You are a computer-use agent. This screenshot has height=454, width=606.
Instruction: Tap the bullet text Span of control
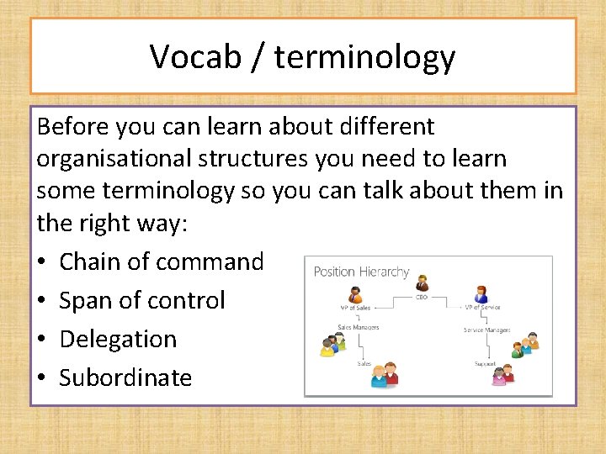[142, 300]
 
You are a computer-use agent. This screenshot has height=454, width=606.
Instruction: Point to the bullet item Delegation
[118, 339]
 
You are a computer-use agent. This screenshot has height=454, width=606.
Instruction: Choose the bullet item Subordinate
[125, 377]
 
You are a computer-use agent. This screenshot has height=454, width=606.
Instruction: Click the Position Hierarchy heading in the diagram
[361, 272]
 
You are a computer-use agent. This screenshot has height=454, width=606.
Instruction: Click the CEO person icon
[422, 282]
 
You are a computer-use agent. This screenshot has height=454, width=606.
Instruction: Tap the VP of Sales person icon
[356, 294]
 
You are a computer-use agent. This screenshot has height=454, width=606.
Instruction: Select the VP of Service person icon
[481, 294]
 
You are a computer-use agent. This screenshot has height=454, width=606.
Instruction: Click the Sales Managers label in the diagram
[359, 327]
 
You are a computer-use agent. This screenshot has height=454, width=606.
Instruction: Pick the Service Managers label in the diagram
[486, 330]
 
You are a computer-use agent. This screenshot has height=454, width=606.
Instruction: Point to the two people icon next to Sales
[384, 374]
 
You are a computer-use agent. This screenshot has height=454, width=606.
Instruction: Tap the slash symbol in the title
[257, 57]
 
